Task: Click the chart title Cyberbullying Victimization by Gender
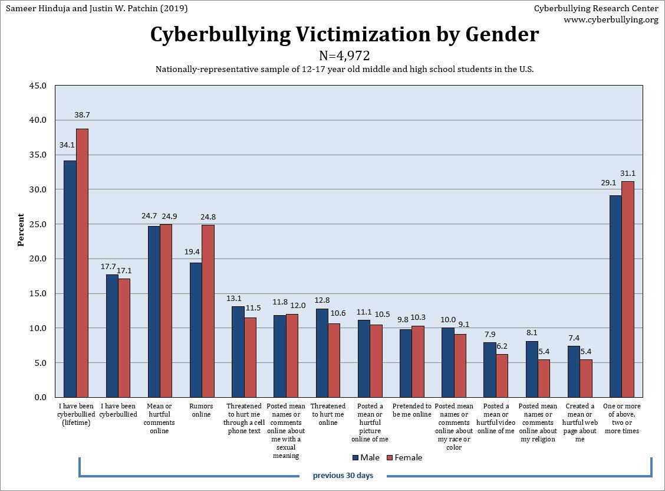[x=344, y=35]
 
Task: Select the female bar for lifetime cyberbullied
[x=82, y=263]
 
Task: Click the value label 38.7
[x=82, y=114]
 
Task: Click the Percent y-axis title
[x=21, y=230]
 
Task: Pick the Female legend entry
[x=404, y=457]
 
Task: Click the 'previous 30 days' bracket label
[x=343, y=475]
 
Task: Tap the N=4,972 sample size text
[x=344, y=55]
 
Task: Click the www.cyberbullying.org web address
[x=611, y=19]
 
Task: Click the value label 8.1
[x=532, y=332]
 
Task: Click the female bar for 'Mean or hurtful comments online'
[x=166, y=310]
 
